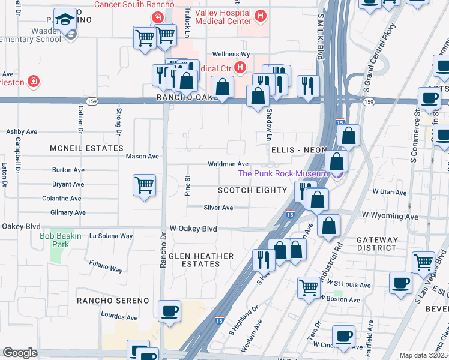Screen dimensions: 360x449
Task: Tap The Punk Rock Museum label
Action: (283, 174)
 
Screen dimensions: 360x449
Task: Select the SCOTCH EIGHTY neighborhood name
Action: (252, 190)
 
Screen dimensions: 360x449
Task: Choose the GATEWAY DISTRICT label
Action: (377, 244)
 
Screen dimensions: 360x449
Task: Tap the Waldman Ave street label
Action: (228, 164)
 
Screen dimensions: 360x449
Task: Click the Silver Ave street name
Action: (218, 208)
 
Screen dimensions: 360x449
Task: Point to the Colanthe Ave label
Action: (61, 199)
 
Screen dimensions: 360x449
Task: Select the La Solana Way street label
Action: (110, 236)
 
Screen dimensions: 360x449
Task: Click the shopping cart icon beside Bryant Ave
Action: (144, 185)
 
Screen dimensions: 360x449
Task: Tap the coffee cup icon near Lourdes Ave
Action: (169, 311)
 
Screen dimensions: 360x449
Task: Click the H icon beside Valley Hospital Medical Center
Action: (260, 16)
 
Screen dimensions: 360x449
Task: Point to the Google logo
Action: (20, 353)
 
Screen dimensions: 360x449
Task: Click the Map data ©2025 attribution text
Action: (423, 355)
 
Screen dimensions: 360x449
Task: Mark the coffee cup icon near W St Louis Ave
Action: (400, 283)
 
